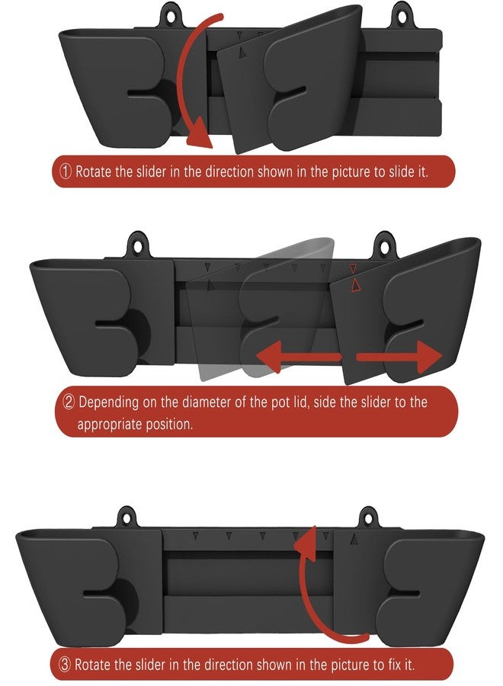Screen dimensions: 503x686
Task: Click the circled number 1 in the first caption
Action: [66, 171]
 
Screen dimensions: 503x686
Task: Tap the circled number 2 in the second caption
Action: [69, 402]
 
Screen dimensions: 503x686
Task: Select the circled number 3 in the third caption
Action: [65, 665]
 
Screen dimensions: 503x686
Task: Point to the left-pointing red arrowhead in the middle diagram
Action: [268, 357]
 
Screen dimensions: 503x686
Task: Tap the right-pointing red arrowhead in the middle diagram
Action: [429, 357]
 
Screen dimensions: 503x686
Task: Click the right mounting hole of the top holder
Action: [402, 16]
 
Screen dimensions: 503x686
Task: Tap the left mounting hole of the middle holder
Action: [139, 246]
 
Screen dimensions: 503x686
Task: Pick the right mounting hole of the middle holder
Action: [384, 247]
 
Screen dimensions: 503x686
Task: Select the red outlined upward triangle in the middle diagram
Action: [355, 285]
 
